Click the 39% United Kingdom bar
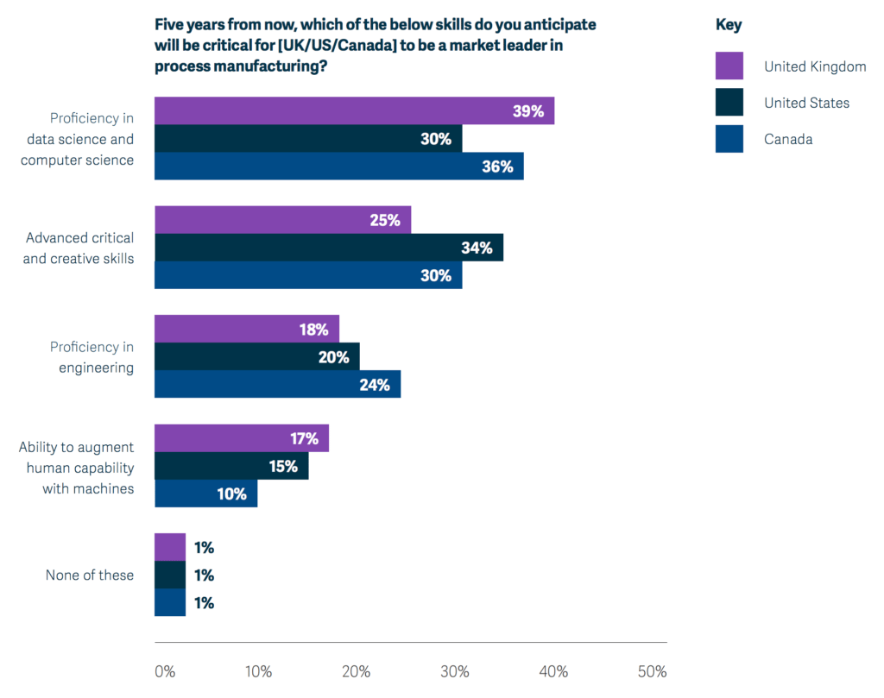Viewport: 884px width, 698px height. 354,110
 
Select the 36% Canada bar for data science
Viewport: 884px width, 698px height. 338,166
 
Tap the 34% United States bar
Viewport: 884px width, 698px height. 328,248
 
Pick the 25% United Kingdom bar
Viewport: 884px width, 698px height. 282,220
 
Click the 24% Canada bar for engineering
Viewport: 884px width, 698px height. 277,384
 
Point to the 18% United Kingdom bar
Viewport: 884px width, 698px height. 246,329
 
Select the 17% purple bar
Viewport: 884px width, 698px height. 241,438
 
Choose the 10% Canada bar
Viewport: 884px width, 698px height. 205,494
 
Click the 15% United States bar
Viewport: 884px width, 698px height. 230,466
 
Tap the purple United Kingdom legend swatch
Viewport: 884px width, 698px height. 729,66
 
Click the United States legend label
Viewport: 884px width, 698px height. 806,103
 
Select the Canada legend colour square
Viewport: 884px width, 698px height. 729,139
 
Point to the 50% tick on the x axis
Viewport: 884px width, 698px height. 652,672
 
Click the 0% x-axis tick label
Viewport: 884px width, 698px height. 164,672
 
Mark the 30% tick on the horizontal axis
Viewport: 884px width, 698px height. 455,672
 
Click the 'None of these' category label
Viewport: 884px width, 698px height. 90,575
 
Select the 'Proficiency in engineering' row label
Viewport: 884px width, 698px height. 92,357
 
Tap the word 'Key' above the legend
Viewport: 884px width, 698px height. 728,25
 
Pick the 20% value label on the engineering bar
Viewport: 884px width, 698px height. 333,357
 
